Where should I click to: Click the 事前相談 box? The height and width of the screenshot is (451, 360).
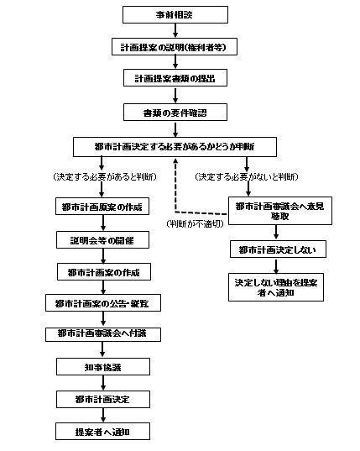coord(175,14)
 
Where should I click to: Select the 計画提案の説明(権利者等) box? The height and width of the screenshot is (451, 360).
coord(175,47)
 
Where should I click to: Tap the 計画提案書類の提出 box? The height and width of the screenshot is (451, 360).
coord(175,79)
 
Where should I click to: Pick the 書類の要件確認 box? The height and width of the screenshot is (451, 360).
coord(175,112)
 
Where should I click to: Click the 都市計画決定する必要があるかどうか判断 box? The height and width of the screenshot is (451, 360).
coord(175,145)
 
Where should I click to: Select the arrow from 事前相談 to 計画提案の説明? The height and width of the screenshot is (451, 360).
coord(175,30)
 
